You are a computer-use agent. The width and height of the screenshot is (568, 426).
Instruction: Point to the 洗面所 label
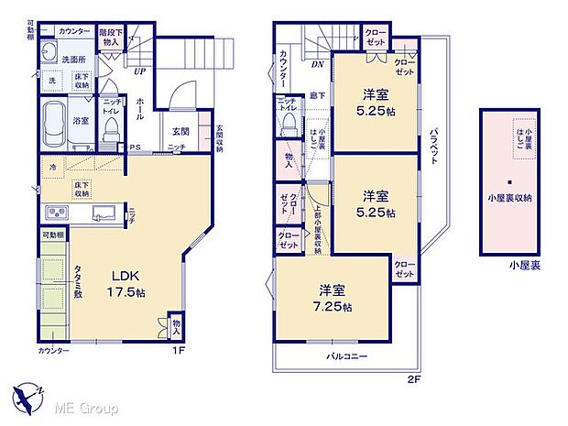[73, 59]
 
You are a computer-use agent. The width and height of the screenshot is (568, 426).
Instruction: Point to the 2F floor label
[415, 378]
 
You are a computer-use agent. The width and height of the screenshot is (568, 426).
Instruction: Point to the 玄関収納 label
[219, 135]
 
